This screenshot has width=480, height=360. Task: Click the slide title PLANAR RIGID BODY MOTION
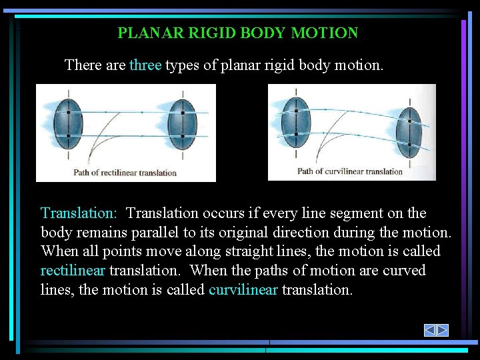tap(237, 33)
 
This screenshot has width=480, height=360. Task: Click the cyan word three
tap(145, 65)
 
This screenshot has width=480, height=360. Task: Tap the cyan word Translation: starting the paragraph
tap(79, 213)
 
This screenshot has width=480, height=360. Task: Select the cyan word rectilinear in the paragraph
tap(73, 271)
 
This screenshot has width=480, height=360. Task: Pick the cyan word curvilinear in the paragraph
tap(243, 290)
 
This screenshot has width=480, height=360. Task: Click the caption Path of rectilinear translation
tap(125, 173)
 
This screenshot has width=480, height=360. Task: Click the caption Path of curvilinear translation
tap(350, 171)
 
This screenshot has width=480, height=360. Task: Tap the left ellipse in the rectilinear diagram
tap(68, 124)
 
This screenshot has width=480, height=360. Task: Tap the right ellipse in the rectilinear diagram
tap(182, 124)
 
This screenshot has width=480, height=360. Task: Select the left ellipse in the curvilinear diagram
tap(295, 121)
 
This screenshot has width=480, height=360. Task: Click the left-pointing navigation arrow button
tap(430, 330)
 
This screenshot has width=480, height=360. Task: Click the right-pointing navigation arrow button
tap(442, 330)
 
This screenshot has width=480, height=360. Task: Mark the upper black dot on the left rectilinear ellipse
tap(68, 113)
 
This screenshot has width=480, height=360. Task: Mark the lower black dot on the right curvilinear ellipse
tap(409, 144)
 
